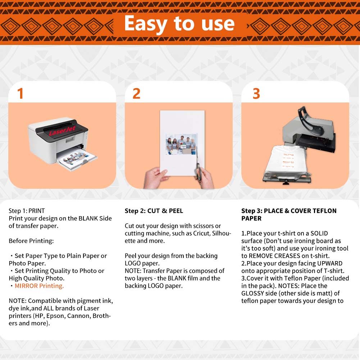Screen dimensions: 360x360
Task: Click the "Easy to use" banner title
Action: pyautogui.click(x=179, y=24)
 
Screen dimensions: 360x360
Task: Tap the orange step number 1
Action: pyautogui.click(x=20, y=94)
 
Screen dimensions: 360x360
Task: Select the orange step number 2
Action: pyautogui.click(x=136, y=94)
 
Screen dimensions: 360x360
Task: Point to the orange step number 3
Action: pyautogui.click(x=256, y=94)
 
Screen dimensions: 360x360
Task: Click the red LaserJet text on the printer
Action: pyautogui.click(x=62, y=131)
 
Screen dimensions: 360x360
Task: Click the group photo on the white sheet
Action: pyautogui.click(x=181, y=144)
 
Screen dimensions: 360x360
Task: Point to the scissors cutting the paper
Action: pyautogui.click(x=198, y=166)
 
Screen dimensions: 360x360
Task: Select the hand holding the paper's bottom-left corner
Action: pyautogui.click(x=156, y=178)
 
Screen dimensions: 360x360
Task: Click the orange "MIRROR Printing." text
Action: pyautogui.click(x=39, y=286)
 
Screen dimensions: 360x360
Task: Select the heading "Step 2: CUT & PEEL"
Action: pyautogui.click(x=154, y=211)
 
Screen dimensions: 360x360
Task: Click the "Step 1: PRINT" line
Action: pyautogui.click(x=27, y=211)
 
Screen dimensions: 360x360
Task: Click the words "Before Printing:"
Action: pyautogui.click(x=31, y=241)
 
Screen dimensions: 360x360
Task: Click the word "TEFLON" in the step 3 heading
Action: pyautogui.click(x=325, y=211)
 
